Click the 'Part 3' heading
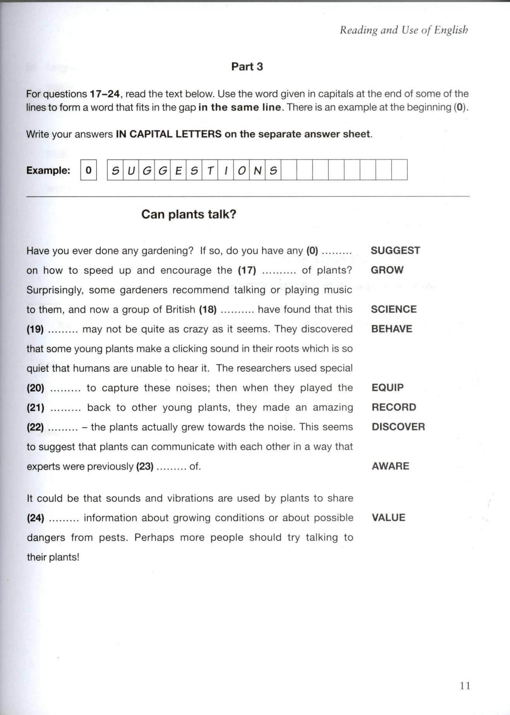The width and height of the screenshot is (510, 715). point(247,67)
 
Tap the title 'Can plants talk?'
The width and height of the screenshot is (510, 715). point(189,214)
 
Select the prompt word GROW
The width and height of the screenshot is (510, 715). point(387,270)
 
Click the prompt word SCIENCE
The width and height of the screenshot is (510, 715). point(393,309)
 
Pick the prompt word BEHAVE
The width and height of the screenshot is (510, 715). point(392,329)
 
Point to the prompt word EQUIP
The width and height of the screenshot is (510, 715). point(387,388)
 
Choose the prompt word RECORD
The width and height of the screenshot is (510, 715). point(393,407)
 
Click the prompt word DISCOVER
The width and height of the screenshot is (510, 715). point(398,427)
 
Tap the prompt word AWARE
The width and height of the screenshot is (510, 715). point(390,466)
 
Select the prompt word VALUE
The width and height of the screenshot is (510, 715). point(388,518)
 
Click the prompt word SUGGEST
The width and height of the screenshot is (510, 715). point(395,251)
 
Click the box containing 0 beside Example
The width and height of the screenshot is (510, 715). point(88,170)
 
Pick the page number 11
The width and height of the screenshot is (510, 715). point(465,686)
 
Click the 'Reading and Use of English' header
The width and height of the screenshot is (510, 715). point(404,30)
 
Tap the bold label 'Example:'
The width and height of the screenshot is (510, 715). point(48,171)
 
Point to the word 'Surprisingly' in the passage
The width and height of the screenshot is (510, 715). point(55,290)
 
